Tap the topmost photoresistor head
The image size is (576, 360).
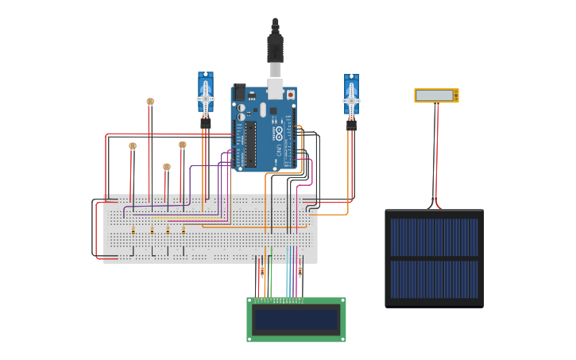[150, 102]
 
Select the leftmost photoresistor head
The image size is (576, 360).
[133, 146]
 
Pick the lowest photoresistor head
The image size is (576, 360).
[167, 167]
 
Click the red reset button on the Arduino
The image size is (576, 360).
[290, 95]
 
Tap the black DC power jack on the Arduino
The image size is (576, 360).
[238, 92]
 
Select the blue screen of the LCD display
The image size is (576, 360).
[296, 319]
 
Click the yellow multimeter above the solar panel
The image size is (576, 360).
[436, 95]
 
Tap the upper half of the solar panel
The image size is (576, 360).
[434, 237]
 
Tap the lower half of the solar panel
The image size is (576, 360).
[434, 279]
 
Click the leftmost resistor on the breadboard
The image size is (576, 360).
[133, 230]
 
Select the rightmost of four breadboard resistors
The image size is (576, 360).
[184, 230]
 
